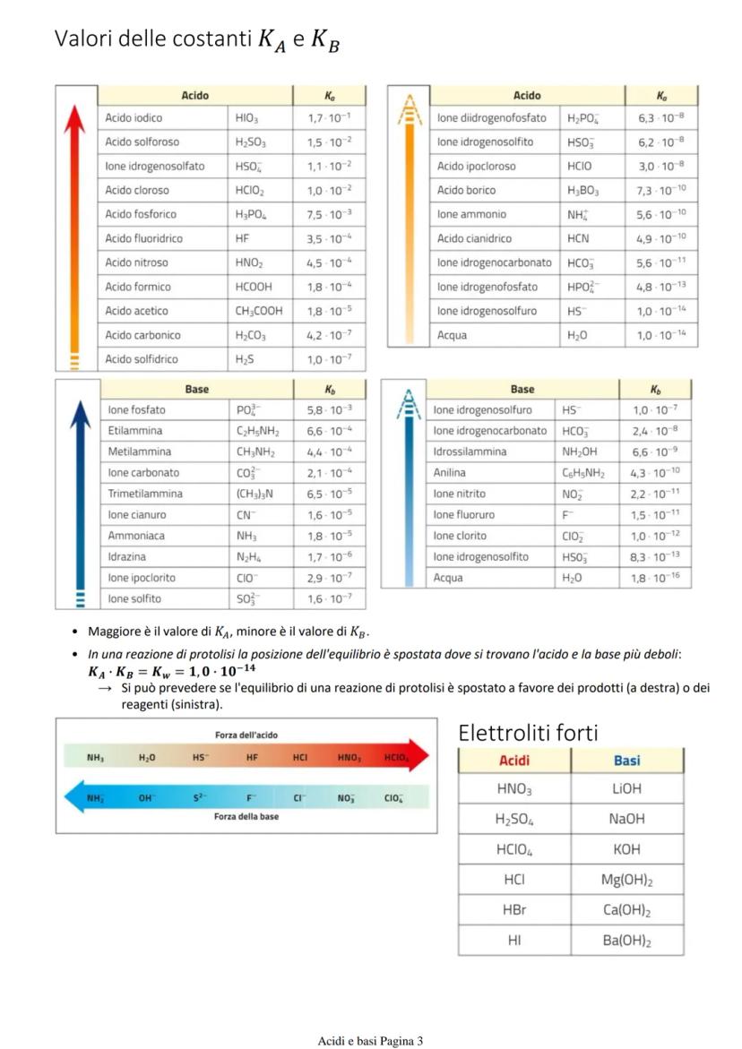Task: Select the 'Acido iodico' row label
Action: tap(134, 117)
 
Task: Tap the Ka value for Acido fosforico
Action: tap(329, 214)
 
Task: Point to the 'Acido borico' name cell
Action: tap(466, 190)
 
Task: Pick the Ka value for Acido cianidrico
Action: tap(661, 238)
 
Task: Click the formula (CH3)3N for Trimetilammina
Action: tap(259, 494)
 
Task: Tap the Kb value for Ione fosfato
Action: tap(329, 409)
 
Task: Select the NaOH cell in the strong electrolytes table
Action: tap(626, 819)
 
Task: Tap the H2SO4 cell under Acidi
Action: tap(513, 819)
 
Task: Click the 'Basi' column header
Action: tap(626, 761)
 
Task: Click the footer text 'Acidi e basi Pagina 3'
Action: tap(370, 1040)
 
